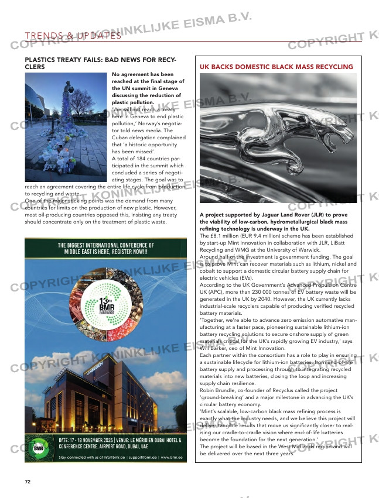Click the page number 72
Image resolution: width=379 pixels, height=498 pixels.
(x=27, y=482)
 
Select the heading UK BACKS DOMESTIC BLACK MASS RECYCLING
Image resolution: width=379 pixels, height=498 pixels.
(x=276, y=67)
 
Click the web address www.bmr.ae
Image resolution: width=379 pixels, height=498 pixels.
(x=171, y=457)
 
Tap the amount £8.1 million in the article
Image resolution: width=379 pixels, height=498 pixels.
(x=222, y=236)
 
